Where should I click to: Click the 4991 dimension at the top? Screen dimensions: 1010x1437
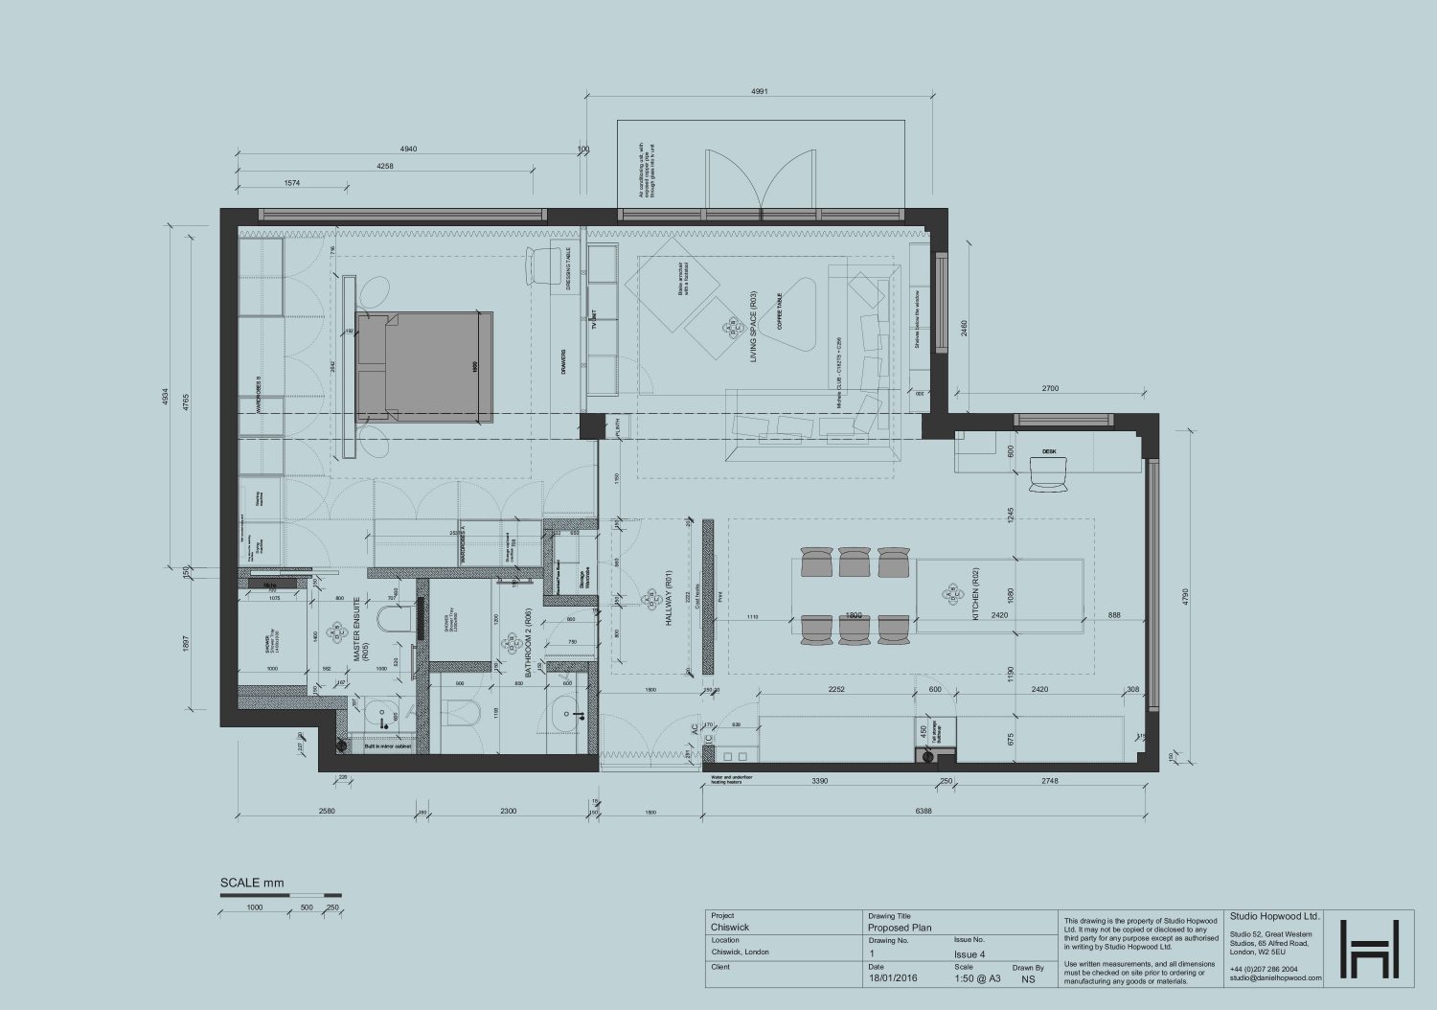pyautogui.click(x=760, y=92)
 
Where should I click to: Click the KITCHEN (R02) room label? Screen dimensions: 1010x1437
pyautogui.click(x=975, y=594)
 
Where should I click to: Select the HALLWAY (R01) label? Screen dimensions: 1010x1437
pyautogui.click(x=670, y=602)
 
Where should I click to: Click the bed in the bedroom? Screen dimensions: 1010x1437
pyautogui.click(x=424, y=366)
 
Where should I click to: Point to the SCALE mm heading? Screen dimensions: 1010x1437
pyautogui.click(x=252, y=884)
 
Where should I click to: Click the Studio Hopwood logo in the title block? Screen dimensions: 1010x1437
pyautogui.click(x=1369, y=950)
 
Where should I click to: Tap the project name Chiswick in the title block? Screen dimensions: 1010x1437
pyautogui.click(x=730, y=928)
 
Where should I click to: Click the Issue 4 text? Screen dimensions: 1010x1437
pyautogui.click(x=969, y=954)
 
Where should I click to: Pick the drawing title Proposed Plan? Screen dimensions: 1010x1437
pyautogui.click(x=899, y=928)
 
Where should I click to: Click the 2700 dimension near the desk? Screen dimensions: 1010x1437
pyautogui.click(x=1050, y=389)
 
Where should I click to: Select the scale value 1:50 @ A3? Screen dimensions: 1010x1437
pyautogui.click(x=977, y=979)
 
